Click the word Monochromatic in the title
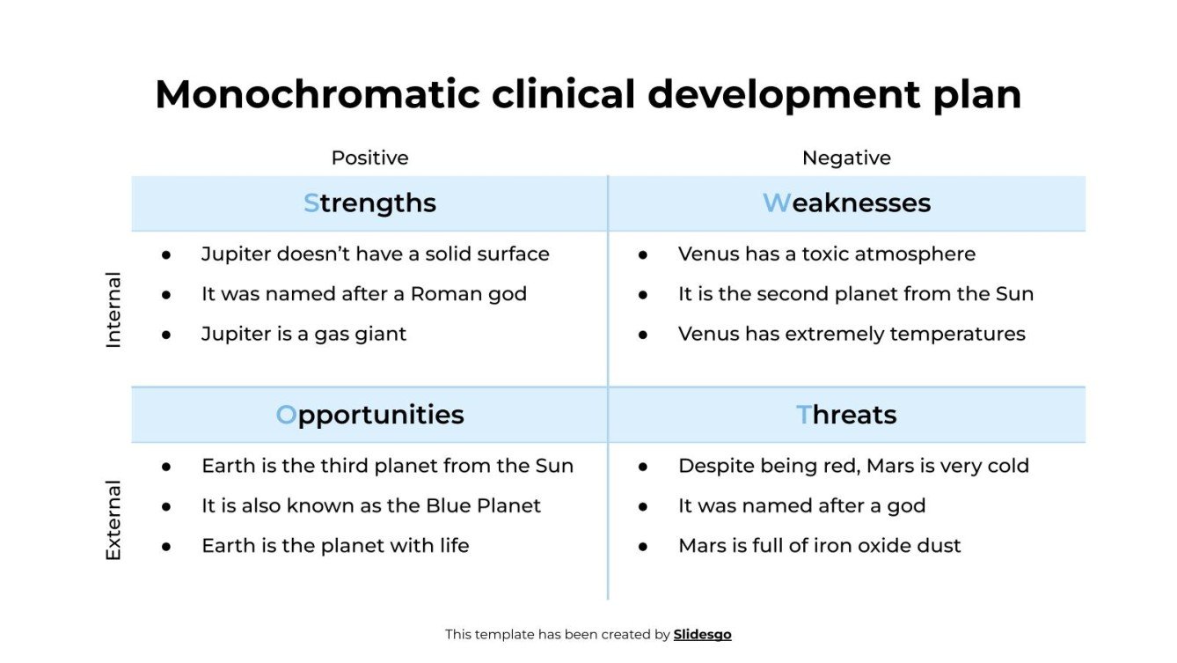coord(317,95)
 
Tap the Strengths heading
coord(369,203)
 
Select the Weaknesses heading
coord(846,203)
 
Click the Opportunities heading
coord(369,415)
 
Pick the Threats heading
coord(846,415)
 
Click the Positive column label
coord(369,158)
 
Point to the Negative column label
coord(846,158)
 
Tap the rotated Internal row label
coord(113,310)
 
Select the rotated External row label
coord(113,520)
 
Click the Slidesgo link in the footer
coord(702,634)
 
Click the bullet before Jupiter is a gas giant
coord(166,335)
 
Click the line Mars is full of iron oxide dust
coord(819,546)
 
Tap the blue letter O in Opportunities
coord(286,415)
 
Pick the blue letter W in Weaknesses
coord(776,203)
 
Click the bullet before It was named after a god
coord(643,506)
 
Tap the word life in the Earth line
coord(454,546)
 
